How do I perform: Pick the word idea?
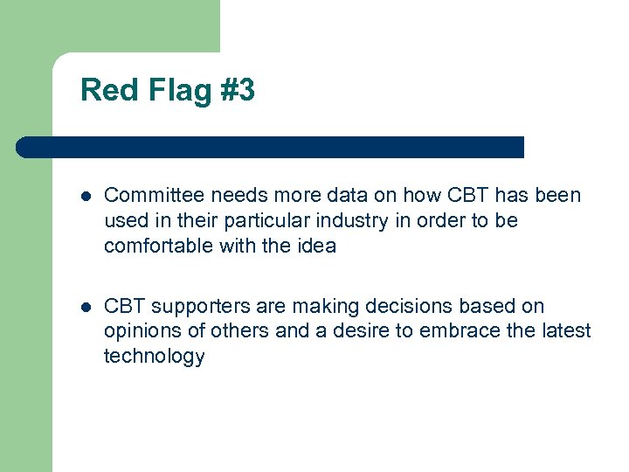click(315, 246)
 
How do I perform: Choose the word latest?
click(564, 331)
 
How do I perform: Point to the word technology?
click(154, 357)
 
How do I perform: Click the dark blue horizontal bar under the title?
click(271, 147)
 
